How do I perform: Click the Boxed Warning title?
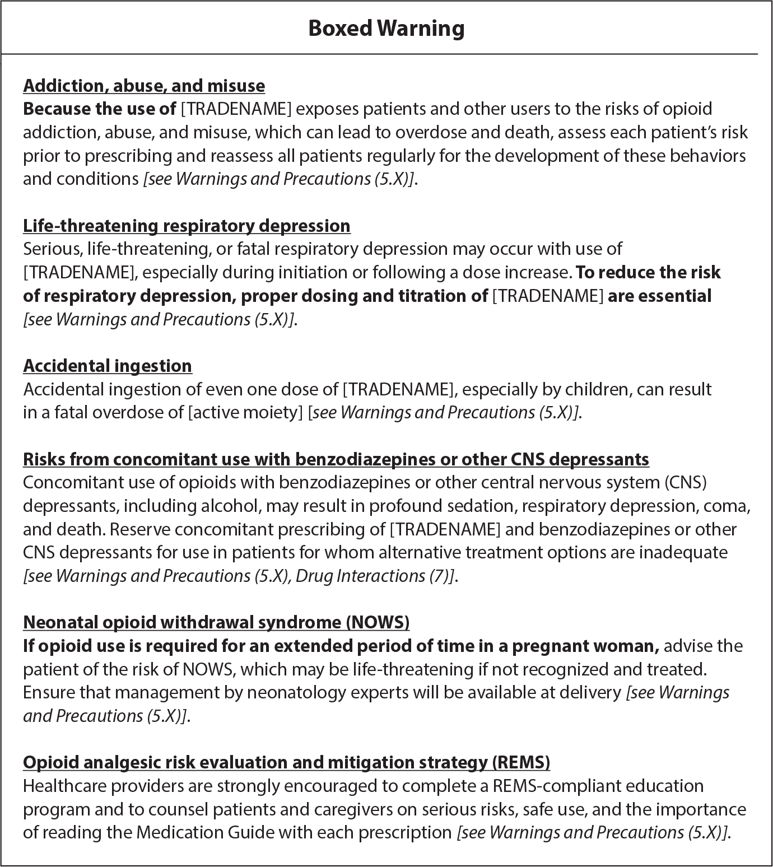click(386, 28)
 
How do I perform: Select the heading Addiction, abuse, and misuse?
click(144, 86)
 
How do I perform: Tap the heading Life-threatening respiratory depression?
click(187, 226)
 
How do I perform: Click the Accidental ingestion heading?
click(108, 366)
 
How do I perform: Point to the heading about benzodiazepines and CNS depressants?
click(336, 459)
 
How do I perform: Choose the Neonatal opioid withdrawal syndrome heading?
click(216, 622)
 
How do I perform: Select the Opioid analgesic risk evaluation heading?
click(286, 762)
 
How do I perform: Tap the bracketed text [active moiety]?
click(246, 413)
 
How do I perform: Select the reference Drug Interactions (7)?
click(374, 576)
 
